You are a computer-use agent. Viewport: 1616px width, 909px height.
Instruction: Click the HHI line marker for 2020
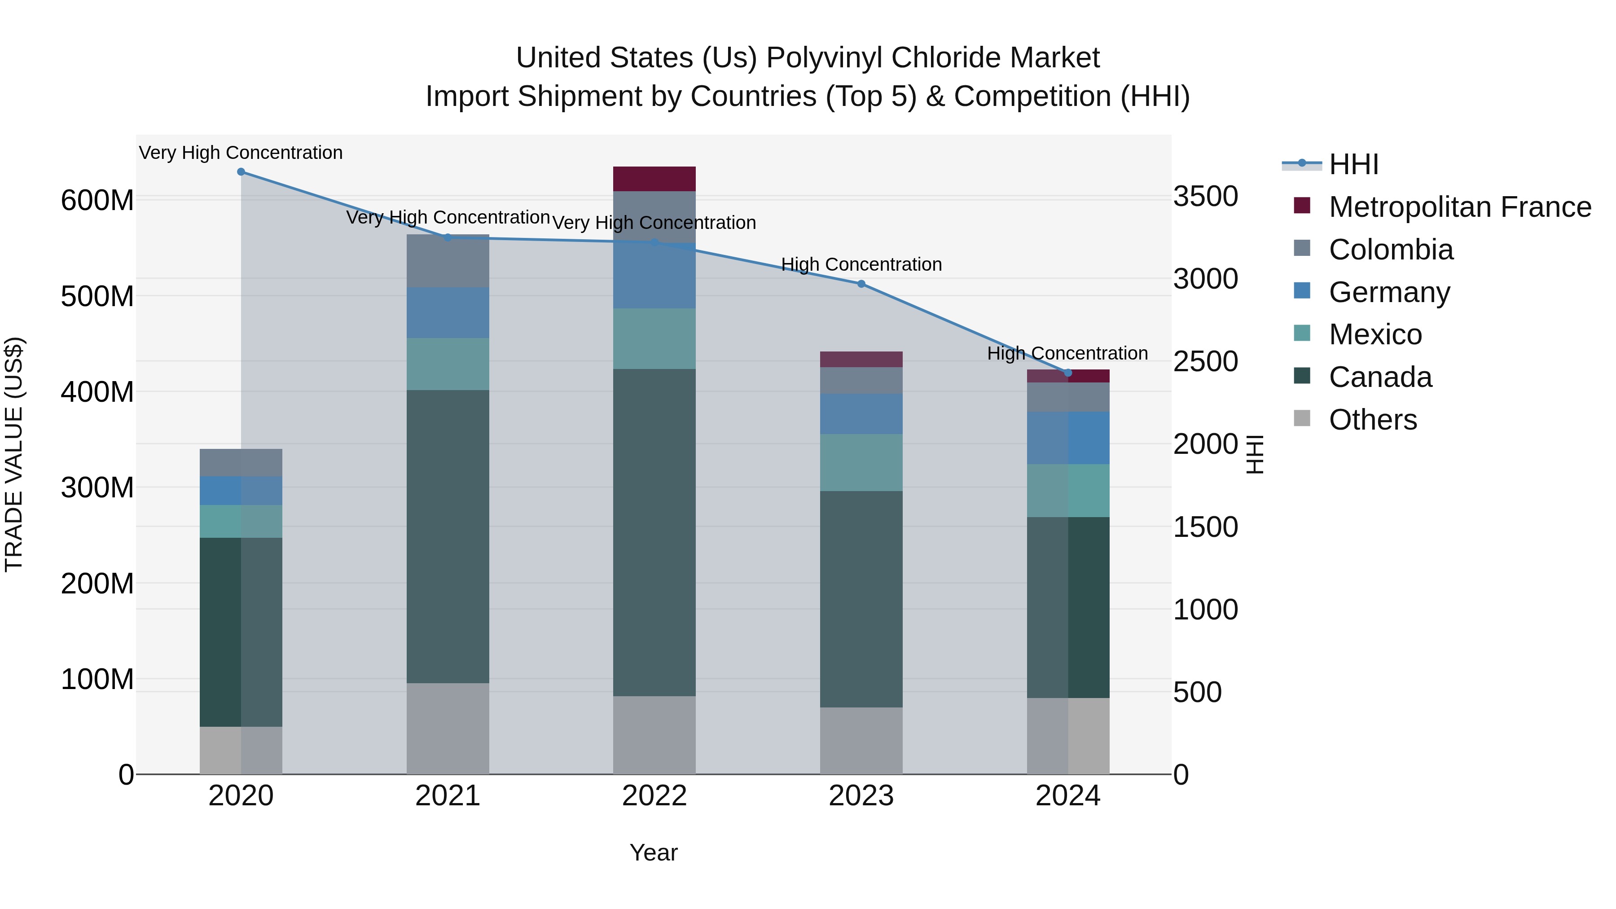coord(241,172)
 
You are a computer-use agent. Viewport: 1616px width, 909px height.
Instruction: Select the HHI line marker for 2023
coord(861,284)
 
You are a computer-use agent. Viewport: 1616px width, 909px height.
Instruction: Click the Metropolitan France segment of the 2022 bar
coord(654,179)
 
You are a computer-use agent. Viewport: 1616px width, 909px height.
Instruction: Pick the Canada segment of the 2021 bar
coord(448,536)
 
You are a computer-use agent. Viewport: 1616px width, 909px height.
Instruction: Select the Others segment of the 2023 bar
coord(861,740)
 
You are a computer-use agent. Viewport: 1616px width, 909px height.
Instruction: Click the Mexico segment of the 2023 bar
coord(861,462)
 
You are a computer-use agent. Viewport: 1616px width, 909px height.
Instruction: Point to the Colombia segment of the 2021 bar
coord(448,261)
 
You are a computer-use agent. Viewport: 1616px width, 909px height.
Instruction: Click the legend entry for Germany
coord(1389,292)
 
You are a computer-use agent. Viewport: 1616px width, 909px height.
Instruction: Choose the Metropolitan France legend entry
coord(1459,207)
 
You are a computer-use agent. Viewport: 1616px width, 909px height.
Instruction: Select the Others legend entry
coord(1373,420)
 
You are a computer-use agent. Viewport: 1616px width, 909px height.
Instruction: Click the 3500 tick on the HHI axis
coord(1205,196)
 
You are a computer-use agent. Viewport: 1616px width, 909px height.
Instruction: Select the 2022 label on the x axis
coord(654,796)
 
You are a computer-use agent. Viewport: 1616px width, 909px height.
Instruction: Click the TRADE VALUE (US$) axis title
coord(14,454)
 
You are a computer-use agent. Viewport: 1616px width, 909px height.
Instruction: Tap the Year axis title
coord(653,852)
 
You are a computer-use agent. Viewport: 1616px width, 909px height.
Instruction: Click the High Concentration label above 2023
coord(861,265)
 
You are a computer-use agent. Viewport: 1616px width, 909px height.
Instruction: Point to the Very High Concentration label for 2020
coord(241,153)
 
